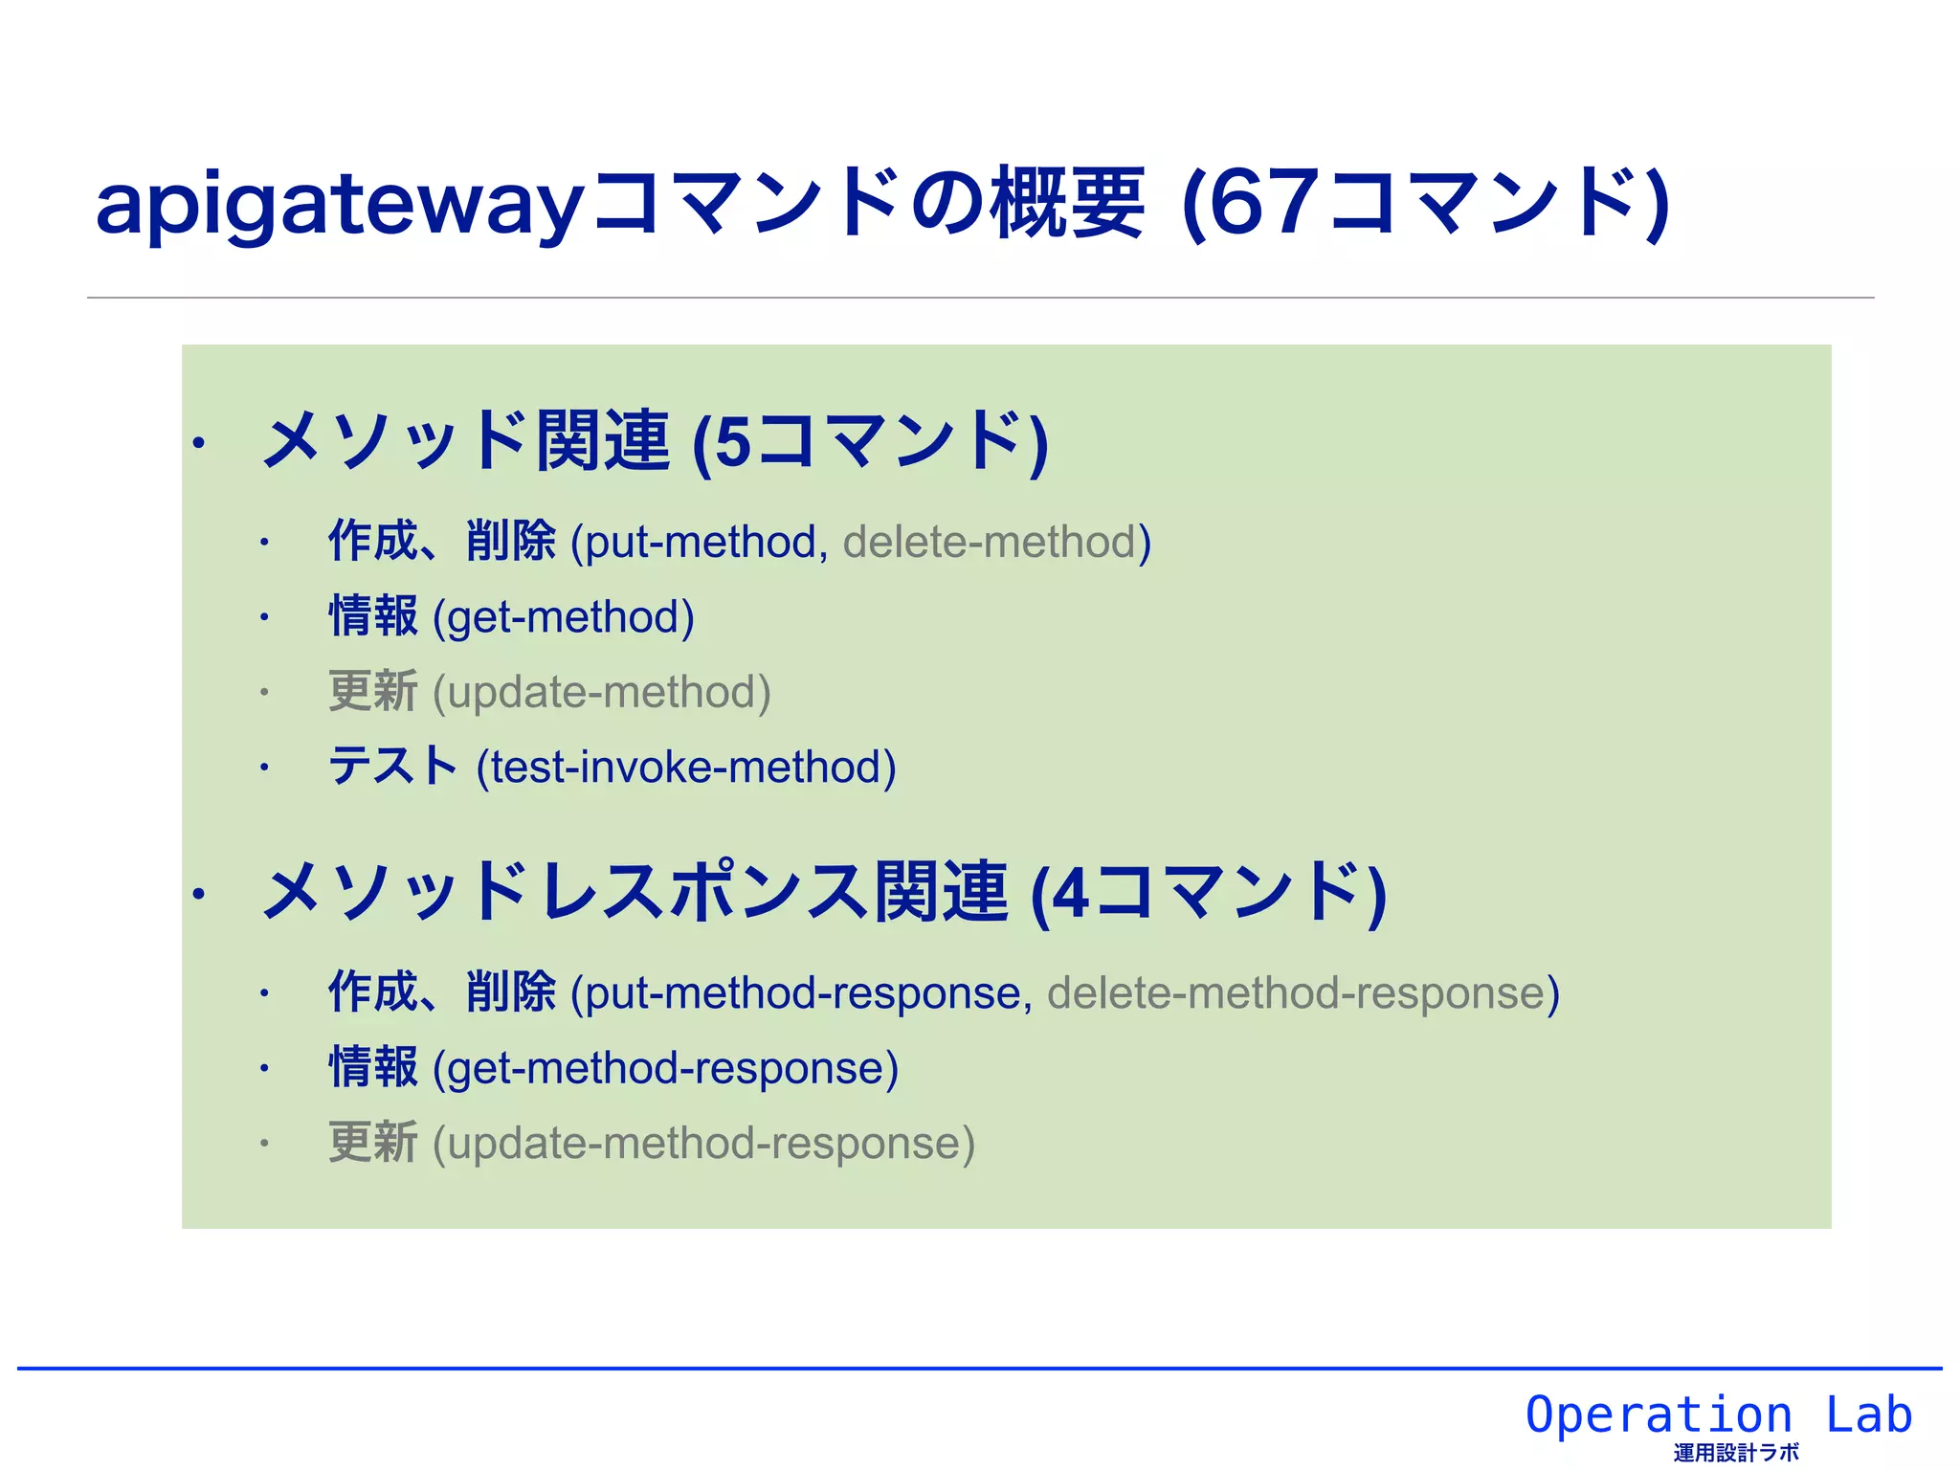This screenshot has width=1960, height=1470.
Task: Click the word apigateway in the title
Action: point(340,206)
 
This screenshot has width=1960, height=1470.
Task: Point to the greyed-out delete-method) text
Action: point(996,543)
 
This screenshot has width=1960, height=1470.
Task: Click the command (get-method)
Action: point(563,617)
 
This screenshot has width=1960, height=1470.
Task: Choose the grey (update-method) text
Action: point(601,692)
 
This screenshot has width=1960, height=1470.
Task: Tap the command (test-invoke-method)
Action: point(686,768)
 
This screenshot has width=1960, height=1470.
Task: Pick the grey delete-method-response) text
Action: point(1303,993)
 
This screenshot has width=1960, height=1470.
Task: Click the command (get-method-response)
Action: point(665,1068)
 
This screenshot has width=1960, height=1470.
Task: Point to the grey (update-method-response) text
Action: point(703,1144)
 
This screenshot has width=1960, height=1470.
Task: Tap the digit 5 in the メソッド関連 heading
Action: point(733,443)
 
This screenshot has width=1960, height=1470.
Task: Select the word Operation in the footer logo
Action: point(1659,1414)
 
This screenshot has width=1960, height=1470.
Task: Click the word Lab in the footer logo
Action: point(1868,1414)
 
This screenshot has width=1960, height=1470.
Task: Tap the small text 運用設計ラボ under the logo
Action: point(1736,1453)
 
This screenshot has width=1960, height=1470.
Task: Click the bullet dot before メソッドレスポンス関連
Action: point(198,895)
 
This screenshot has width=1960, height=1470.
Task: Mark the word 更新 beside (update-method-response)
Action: point(373,1143)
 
